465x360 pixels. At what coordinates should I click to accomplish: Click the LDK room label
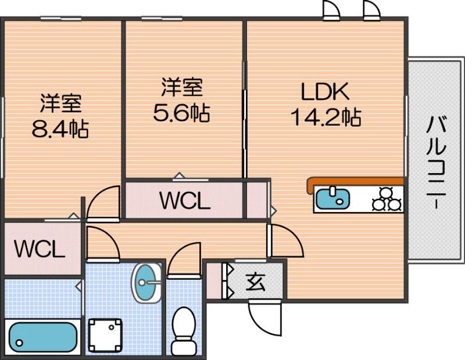324,91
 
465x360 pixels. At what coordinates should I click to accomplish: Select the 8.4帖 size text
60,128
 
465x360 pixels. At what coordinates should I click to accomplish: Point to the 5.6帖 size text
181,113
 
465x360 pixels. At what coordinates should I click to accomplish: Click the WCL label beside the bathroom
39,250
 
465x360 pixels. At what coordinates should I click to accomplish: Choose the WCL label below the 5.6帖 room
184,201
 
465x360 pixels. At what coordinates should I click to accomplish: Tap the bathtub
44,336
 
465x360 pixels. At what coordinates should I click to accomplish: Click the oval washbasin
148,283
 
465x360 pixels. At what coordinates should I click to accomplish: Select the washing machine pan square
106,336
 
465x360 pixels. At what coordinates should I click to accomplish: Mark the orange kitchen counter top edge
355,182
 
